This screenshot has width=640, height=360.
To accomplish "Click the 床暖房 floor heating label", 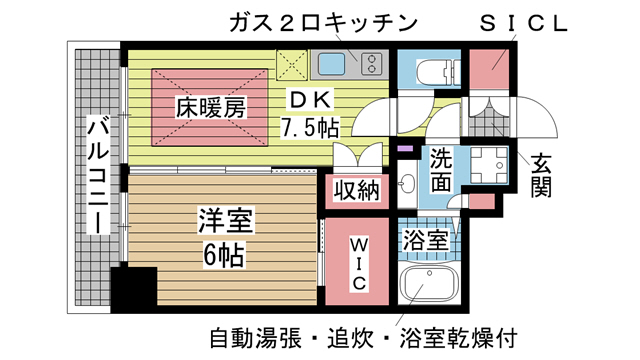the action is pos(208,106).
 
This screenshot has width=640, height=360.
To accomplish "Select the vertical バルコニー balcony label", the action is pos(97,176).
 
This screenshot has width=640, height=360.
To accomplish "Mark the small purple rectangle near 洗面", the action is pos(404,151).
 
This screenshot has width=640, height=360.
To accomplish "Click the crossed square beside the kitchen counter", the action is pos(293,66).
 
